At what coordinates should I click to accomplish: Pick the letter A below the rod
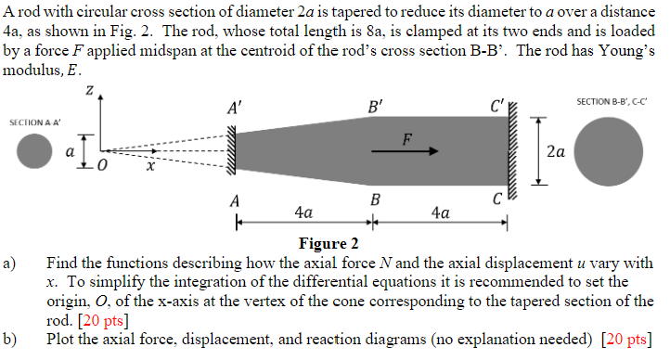pyautogui.click(x=235, y=199)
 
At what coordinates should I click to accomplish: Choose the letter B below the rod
pyautogui.click(x=375, y=199)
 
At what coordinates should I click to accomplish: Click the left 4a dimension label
pyautogui.click(x=303, y=212)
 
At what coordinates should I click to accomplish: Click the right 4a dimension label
pyautogui.click(x=442, y=212)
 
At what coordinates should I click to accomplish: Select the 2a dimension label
pyautogui.click(x=556, y=150)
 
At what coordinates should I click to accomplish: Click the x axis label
pyautogui.click(x=147, y=167)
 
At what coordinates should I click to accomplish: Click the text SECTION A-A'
pyautogui.click(x=34, y=122)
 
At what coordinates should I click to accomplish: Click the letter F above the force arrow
pyautogui.click(x=405, y=138)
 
